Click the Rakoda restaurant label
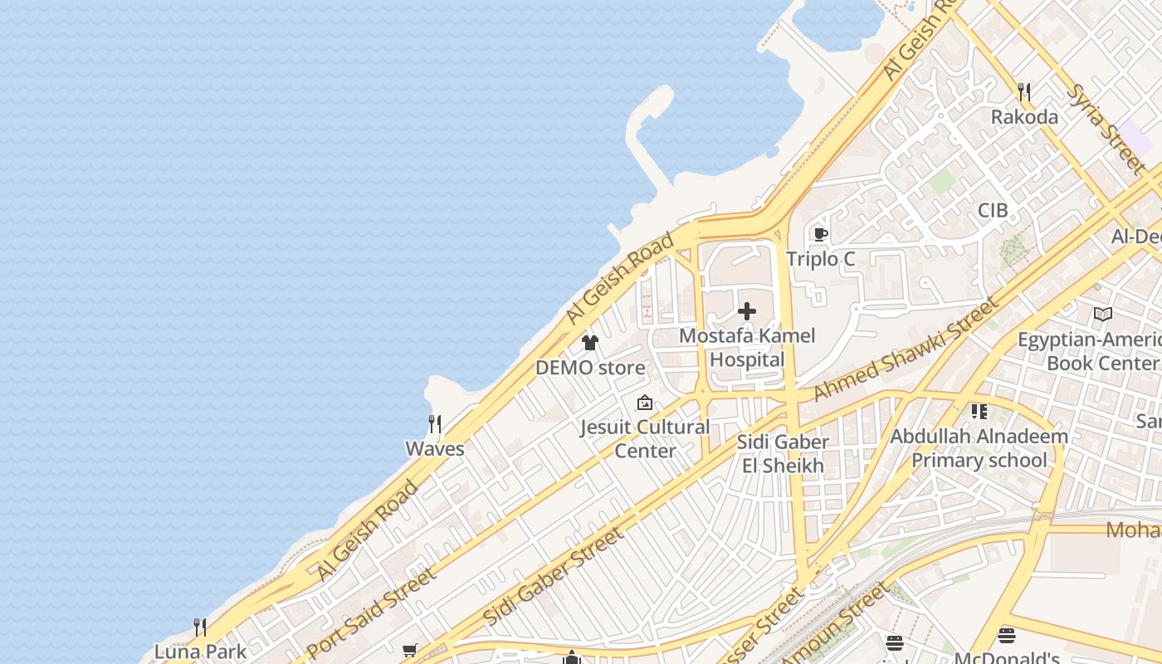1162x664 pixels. coord(1024,117)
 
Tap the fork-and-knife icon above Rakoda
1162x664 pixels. coord(1024,92)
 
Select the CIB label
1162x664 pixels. coord(993,210)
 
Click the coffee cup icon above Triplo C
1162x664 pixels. coord(821,234)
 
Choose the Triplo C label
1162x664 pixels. coord(820,259)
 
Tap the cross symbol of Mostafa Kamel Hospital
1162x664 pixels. coord(747,311)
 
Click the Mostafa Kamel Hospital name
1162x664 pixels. coord(747,348)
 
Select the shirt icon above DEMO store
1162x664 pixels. coord(590,342)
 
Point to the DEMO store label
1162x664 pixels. coord(590,367)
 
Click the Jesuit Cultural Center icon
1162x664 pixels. coord(645,403)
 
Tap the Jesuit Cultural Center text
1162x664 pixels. coord(645,439)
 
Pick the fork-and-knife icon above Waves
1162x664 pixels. coord(434,424)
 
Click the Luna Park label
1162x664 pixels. coord(201,651)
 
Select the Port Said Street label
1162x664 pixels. coord(370,612)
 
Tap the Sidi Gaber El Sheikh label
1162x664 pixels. coord(783,453)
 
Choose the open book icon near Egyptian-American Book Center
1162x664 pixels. coord(1102,315)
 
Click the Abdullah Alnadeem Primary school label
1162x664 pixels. coord(979,447)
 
